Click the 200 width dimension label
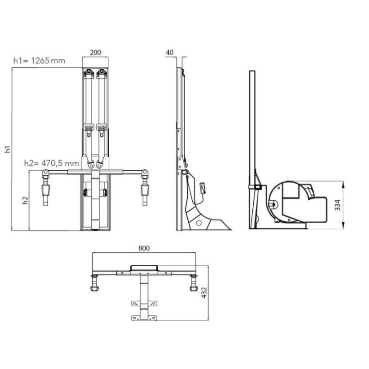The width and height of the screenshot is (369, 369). pos(95,53)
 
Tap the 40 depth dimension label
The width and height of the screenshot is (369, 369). pos(169,53)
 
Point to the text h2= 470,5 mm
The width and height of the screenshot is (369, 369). pos(52,163)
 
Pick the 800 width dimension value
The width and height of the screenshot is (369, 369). pos(143,248)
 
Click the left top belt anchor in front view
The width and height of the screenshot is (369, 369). pos(89,72)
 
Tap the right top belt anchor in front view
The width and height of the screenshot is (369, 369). pos(101,72)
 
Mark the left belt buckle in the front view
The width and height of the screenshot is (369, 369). pos(89,127)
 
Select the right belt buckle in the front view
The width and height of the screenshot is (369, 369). pos(101,127)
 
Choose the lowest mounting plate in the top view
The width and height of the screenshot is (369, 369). pos(143,318)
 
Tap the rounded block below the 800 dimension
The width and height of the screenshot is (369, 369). pos(144,267)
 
